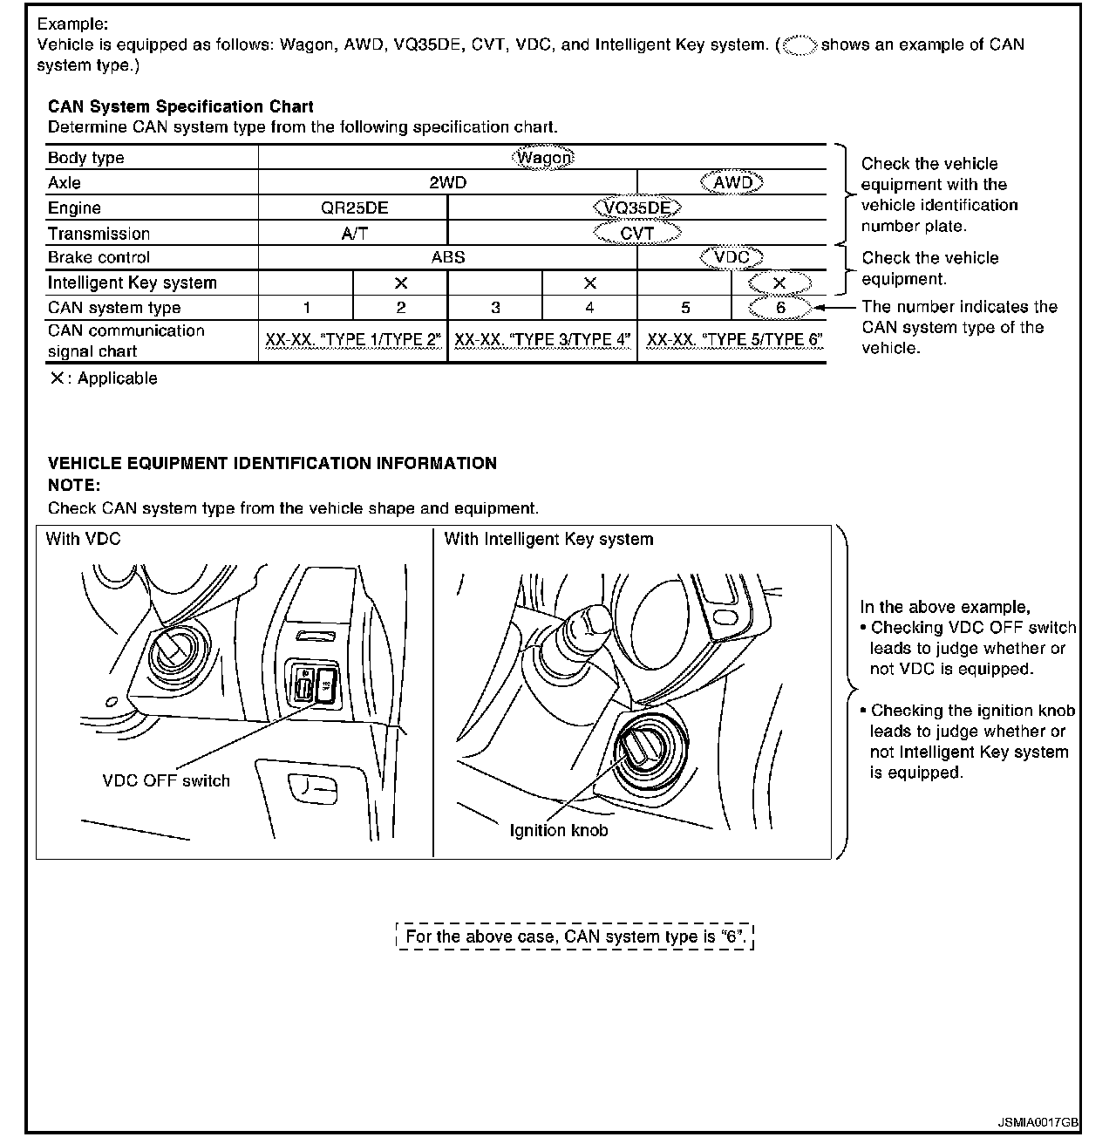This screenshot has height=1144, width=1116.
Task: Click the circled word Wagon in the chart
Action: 543,158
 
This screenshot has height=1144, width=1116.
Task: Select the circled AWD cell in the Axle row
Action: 732,182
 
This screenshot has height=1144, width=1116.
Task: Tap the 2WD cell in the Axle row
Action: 447,182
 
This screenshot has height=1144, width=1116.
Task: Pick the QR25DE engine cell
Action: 354,208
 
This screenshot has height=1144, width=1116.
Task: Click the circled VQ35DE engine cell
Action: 636,208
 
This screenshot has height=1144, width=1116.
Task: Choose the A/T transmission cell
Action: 354,233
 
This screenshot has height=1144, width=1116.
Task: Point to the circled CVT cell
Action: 636,233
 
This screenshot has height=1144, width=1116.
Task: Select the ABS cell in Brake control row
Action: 447,257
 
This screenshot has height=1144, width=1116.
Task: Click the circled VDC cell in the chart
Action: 732,257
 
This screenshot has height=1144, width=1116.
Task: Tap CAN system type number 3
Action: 495,307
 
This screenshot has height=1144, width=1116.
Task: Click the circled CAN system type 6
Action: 780,307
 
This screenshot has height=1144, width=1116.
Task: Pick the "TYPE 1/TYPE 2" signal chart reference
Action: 353,340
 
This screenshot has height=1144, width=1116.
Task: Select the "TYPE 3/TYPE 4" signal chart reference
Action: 542,340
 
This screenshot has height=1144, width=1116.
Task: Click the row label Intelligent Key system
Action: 133,283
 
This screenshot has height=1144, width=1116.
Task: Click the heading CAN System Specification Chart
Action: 180,106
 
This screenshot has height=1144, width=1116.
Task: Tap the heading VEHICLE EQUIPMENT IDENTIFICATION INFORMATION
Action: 272,463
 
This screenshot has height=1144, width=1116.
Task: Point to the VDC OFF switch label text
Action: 166,780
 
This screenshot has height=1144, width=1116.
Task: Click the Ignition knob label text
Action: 559,830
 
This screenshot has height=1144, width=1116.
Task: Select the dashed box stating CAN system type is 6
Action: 575,936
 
